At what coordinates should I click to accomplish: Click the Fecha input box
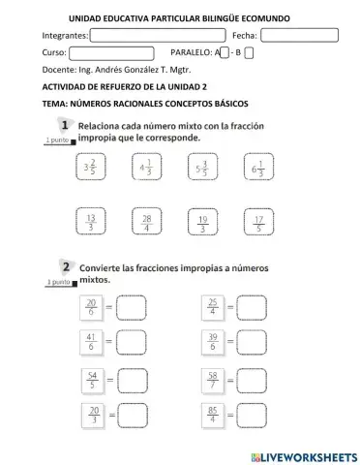click(299, 36)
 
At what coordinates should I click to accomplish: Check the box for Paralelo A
click(225, 52)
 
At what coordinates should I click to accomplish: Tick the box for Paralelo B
click(250, 52)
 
